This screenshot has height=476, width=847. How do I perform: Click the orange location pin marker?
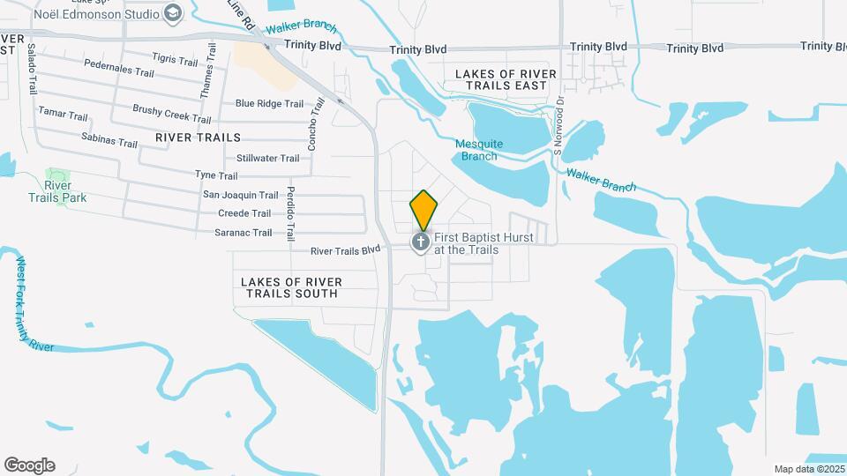click(x=424, y=210)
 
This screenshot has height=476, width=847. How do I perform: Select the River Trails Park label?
click(x=59, y=191)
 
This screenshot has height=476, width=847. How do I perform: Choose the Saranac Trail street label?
click(x=244, y=233)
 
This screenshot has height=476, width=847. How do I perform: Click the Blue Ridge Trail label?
click(x=269, y=103)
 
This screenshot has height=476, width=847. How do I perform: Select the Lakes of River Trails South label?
click(x=290, y=287)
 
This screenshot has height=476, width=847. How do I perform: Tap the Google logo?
click(x=29, y=465)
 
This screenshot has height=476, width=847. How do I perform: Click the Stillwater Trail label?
click(x=268, y=159)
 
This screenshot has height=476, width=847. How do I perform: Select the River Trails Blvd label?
click(x=345, y=250)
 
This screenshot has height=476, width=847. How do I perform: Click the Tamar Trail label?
click(x=64, y=115)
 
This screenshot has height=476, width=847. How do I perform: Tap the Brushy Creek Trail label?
click(x=172, y=114)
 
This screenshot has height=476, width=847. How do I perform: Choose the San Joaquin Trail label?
click(x=241, y=195)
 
